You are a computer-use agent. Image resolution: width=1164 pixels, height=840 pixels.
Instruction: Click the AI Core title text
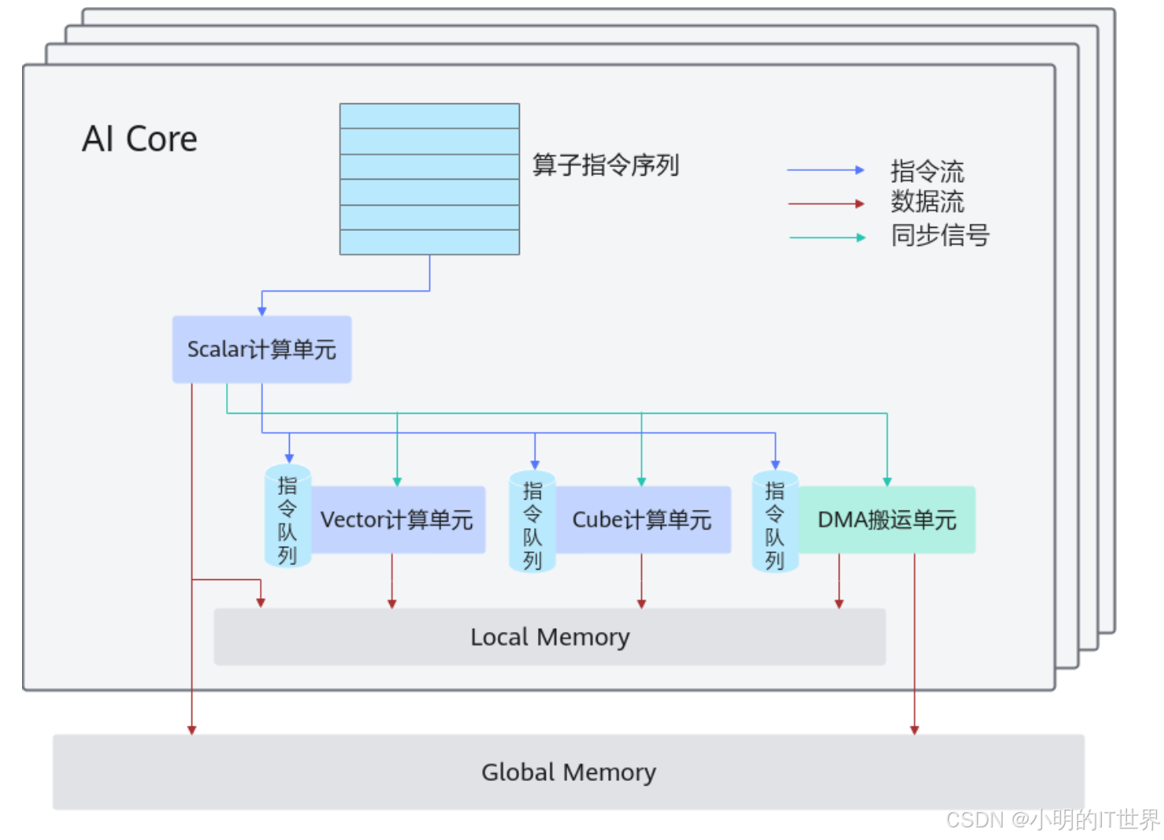140,139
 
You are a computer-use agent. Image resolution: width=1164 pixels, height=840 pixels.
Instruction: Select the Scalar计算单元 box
261,349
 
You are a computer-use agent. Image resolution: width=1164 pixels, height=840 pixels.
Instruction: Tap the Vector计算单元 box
397,520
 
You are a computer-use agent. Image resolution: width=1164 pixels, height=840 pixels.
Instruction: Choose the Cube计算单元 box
642,520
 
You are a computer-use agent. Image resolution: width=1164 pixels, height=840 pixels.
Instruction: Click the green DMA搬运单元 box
887,520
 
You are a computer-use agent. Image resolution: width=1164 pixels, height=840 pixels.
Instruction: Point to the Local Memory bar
550,637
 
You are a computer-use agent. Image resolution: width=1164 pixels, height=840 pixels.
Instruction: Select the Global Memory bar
568,772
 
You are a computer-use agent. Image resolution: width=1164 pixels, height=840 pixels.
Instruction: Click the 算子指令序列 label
605,165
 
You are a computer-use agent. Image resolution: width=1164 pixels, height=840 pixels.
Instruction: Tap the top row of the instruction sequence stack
429,116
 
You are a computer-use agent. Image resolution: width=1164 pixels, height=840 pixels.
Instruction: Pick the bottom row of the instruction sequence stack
429,242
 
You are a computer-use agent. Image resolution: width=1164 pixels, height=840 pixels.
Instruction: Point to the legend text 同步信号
940,235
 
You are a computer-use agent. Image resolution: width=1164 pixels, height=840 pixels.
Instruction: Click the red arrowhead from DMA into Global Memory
914,730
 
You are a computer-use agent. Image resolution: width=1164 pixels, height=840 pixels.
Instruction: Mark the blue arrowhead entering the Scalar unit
262,312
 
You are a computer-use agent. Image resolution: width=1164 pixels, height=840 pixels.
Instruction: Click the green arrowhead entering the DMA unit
887,481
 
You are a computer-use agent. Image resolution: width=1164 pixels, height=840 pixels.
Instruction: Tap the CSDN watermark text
1052,820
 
